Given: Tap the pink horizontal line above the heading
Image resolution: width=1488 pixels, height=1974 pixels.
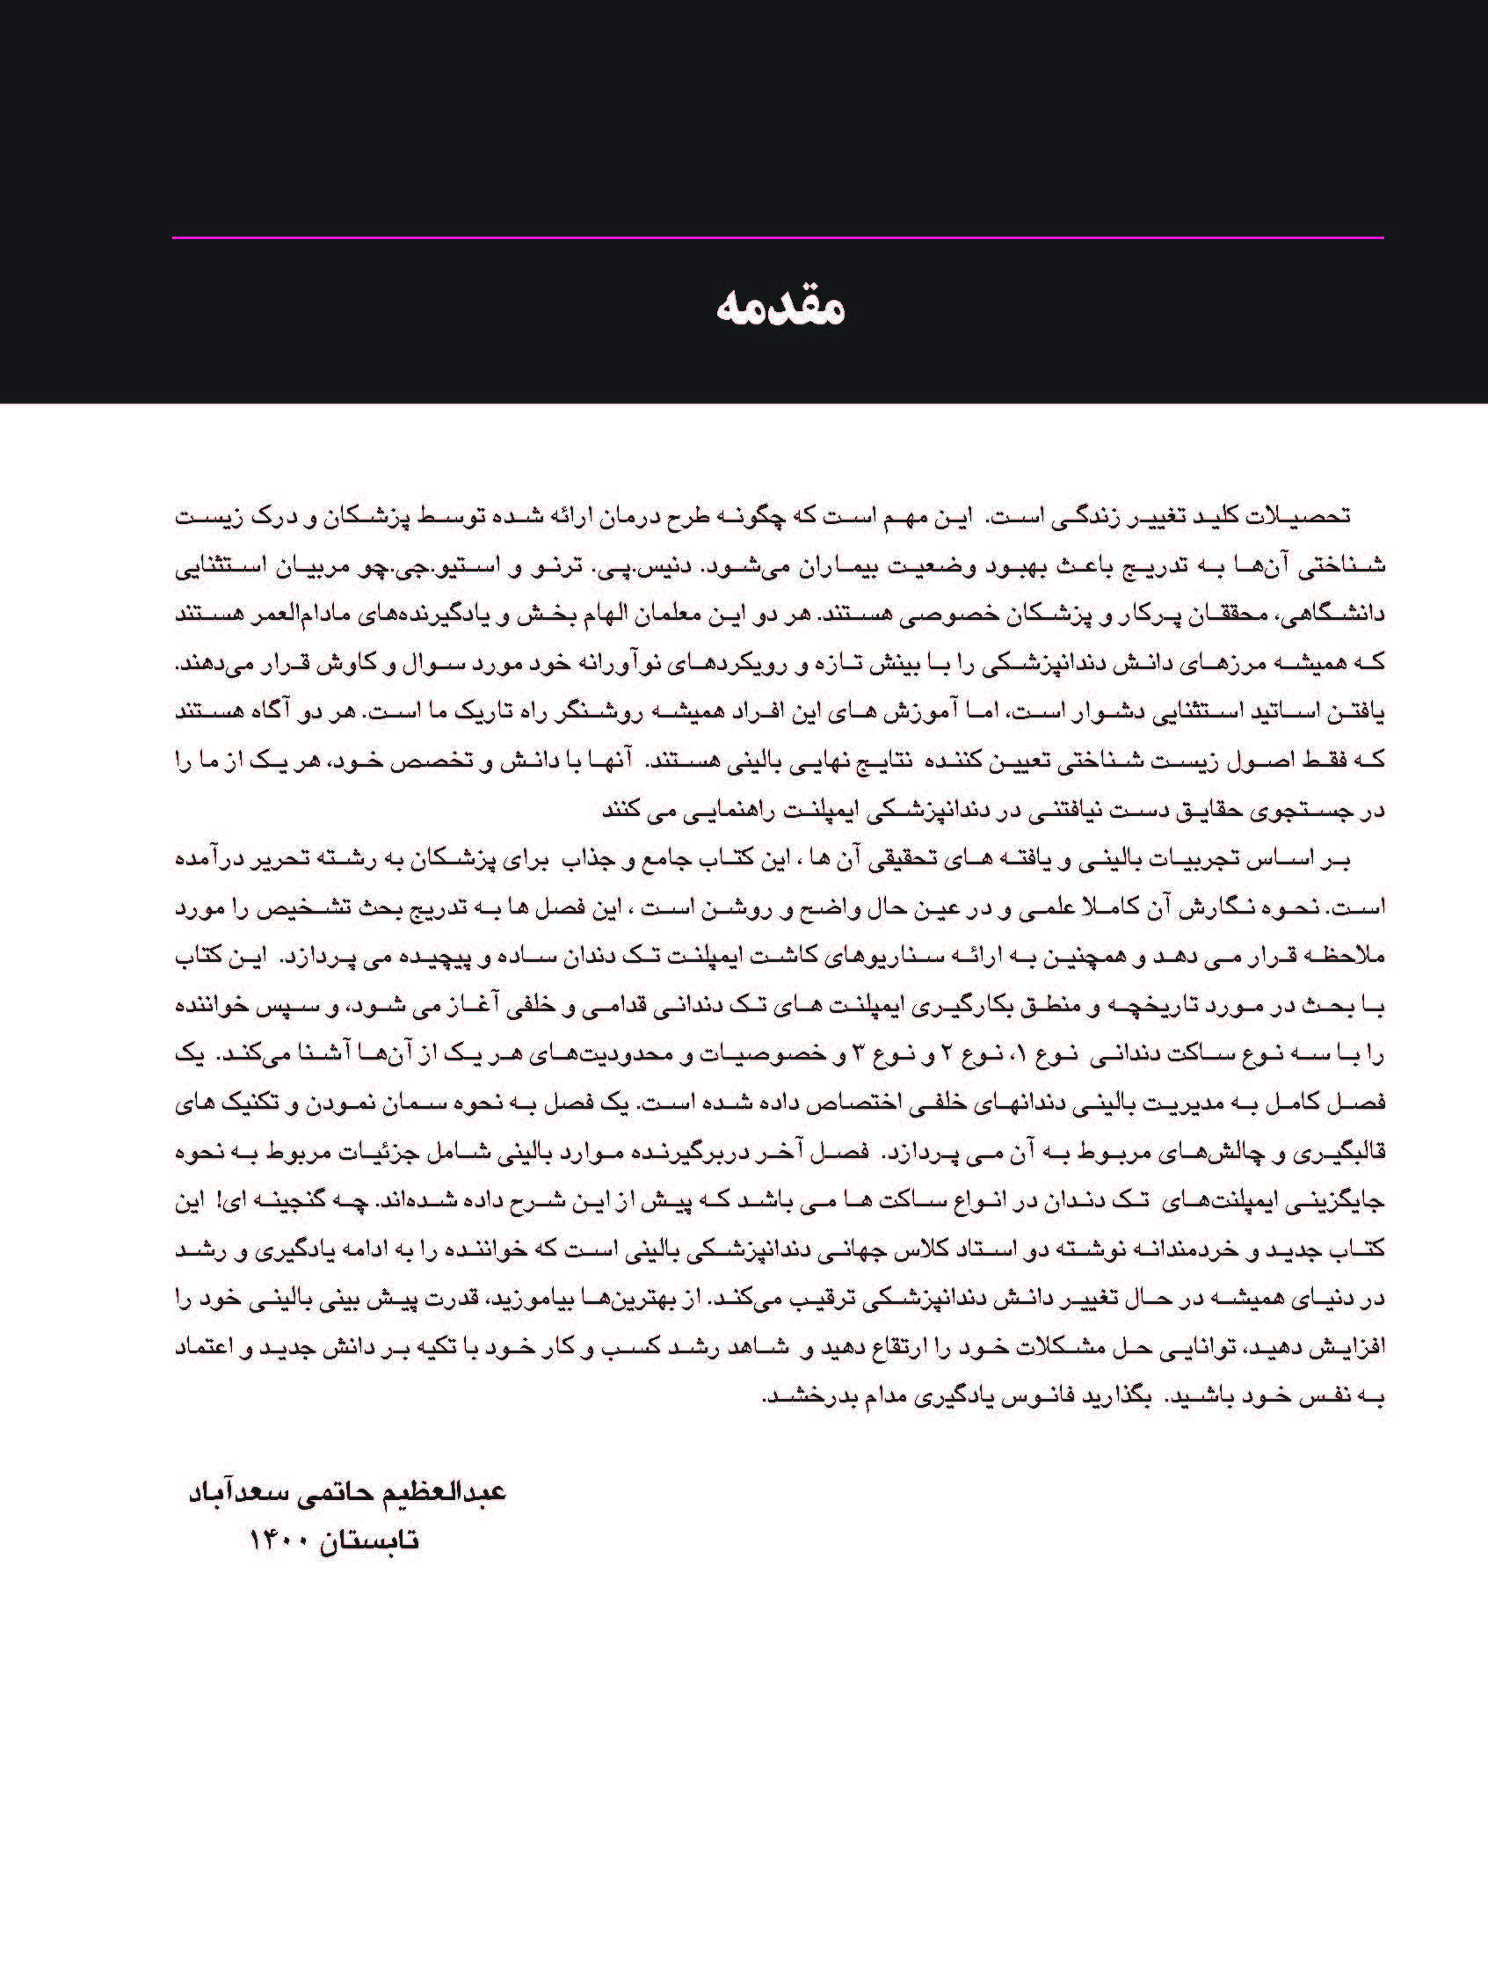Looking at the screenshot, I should (777, 238).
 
